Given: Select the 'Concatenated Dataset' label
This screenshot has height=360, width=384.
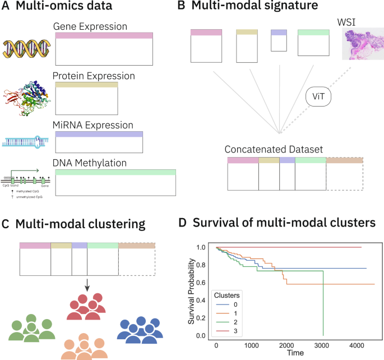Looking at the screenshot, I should click(x=273, y=150).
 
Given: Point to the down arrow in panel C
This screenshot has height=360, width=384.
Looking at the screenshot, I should click(x=87, y=286).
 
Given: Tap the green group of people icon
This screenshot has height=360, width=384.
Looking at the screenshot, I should click(x=32, y=331).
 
